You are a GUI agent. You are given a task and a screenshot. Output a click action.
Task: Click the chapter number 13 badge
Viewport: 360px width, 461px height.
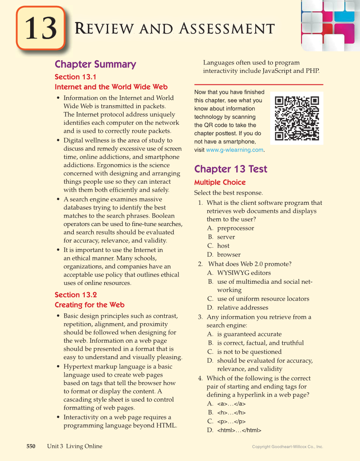tap(41, 28)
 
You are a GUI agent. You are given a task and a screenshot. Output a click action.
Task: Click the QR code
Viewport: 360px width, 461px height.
tap(297, 118)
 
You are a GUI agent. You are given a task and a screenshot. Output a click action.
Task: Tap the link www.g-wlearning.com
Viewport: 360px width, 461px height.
tap(234, 150)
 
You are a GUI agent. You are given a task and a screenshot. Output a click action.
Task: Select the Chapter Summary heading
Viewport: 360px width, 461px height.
tap(95, 64)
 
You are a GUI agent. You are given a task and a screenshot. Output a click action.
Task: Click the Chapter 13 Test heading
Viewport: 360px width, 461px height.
tap(231, 169)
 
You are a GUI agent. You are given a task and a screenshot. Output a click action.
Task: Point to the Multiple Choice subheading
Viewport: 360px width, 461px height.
tap(220, 182)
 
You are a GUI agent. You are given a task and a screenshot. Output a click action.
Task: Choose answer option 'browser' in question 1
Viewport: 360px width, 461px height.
tap(229, 254)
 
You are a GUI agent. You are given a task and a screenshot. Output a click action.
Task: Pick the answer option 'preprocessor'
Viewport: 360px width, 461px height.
tap(235, 228)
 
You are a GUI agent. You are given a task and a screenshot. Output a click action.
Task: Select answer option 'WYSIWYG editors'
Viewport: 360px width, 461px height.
tap(244, 273)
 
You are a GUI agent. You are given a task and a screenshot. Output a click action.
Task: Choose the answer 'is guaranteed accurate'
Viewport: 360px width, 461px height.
tap(249, 334)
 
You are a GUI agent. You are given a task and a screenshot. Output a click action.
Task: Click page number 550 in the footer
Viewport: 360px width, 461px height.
tap(31, 446)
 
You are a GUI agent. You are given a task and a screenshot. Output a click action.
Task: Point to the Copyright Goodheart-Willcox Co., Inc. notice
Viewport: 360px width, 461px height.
tap(287, 447)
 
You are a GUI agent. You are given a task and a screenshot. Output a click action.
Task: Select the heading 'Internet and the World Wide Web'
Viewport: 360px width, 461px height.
tap(111, 87)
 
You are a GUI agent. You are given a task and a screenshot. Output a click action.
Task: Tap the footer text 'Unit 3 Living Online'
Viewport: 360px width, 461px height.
tap(75, 446)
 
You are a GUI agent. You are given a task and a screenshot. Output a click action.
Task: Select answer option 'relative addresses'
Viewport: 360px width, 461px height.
tap(243, 307)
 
